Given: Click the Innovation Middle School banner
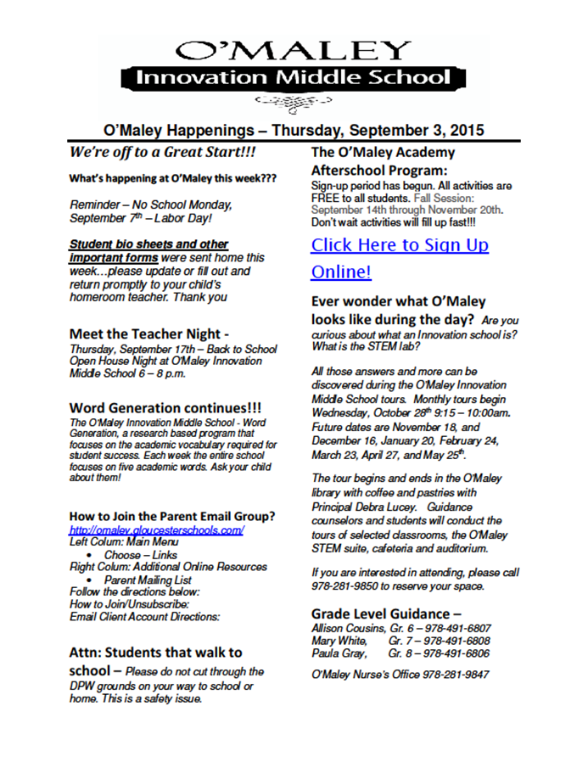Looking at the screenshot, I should pyautogui.click(x=294, y=77).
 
